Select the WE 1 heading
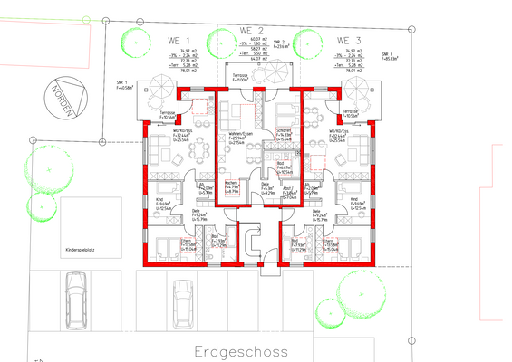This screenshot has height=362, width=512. click(x=177, y=42)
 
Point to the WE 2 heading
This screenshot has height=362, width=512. click(x=252, y=31)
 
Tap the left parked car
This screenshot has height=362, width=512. click(x=75, y=298)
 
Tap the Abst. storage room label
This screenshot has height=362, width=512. click(x=288, y=188)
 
